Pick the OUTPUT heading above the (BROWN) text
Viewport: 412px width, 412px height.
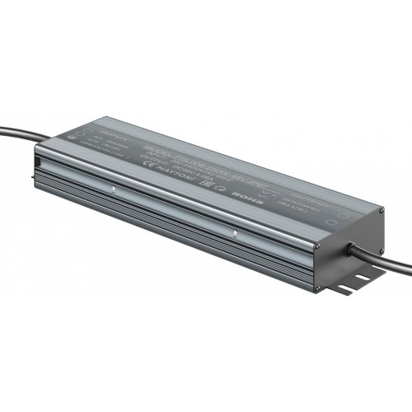325,176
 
